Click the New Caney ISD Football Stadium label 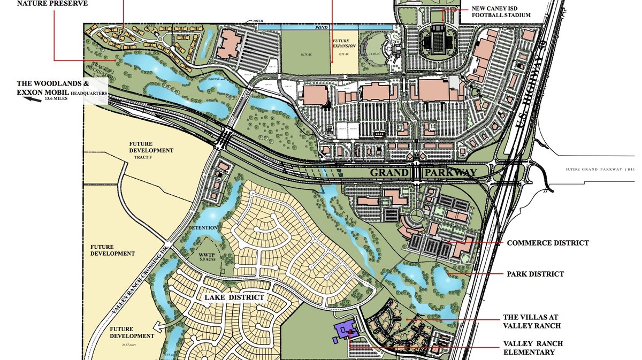point(501,12)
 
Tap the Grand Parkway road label point(423,173)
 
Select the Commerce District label point(547,243)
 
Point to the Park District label point(535,274)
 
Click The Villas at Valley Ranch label point(532,321)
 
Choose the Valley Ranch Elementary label point(532,348)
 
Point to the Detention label point(203,228)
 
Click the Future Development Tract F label point(151,150)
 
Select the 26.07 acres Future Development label point(132,336)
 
